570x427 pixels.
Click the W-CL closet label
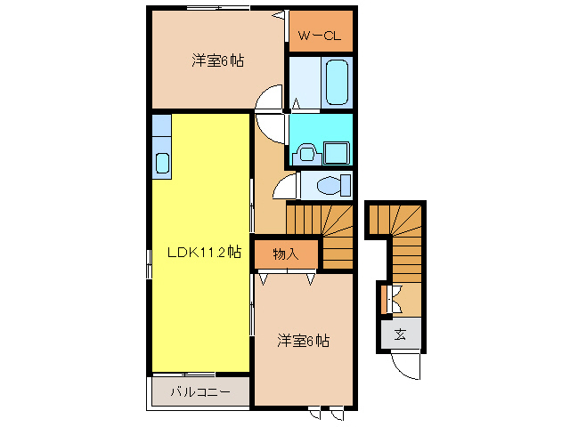coord(320,36)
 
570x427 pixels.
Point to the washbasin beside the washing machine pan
coord(306,152)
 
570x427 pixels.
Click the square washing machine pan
coord(337,152)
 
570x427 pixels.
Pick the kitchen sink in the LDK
coord(162,163)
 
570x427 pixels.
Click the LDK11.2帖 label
coord(204,252)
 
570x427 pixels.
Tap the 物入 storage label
coord(285,254)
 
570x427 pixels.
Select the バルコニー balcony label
coord(199,391)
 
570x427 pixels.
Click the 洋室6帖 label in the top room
coord(218,61)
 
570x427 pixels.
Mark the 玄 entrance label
coord(400,334)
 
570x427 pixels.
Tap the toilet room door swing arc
coord(286,184)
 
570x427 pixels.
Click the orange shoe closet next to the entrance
coord(383,299)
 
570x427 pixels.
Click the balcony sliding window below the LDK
coord(188,373)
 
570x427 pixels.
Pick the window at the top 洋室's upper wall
coord(217,8)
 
